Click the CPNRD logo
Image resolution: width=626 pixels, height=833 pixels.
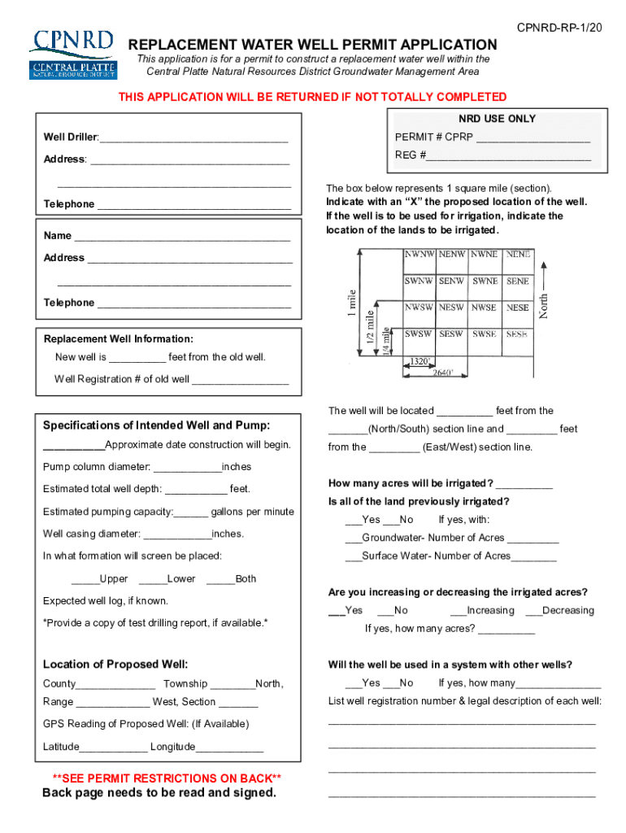pos(72,53)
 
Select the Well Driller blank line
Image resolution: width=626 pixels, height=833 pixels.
pos(193,137)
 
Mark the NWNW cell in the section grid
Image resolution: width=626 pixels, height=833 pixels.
pos(420,254)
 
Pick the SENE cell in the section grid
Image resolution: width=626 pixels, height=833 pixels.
pos(517,281)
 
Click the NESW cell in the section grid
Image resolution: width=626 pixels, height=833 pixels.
pos(452,307)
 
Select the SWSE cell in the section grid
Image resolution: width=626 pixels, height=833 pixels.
pos(485,334)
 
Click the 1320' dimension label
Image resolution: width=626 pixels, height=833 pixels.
pos(420,360)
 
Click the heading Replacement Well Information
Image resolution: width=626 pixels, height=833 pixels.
pos(118,338)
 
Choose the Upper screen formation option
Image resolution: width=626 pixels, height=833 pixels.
pos(85,579)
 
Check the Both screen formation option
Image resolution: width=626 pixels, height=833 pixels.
pos(220,579)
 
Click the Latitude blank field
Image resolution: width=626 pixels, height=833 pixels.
pos(114,748)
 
